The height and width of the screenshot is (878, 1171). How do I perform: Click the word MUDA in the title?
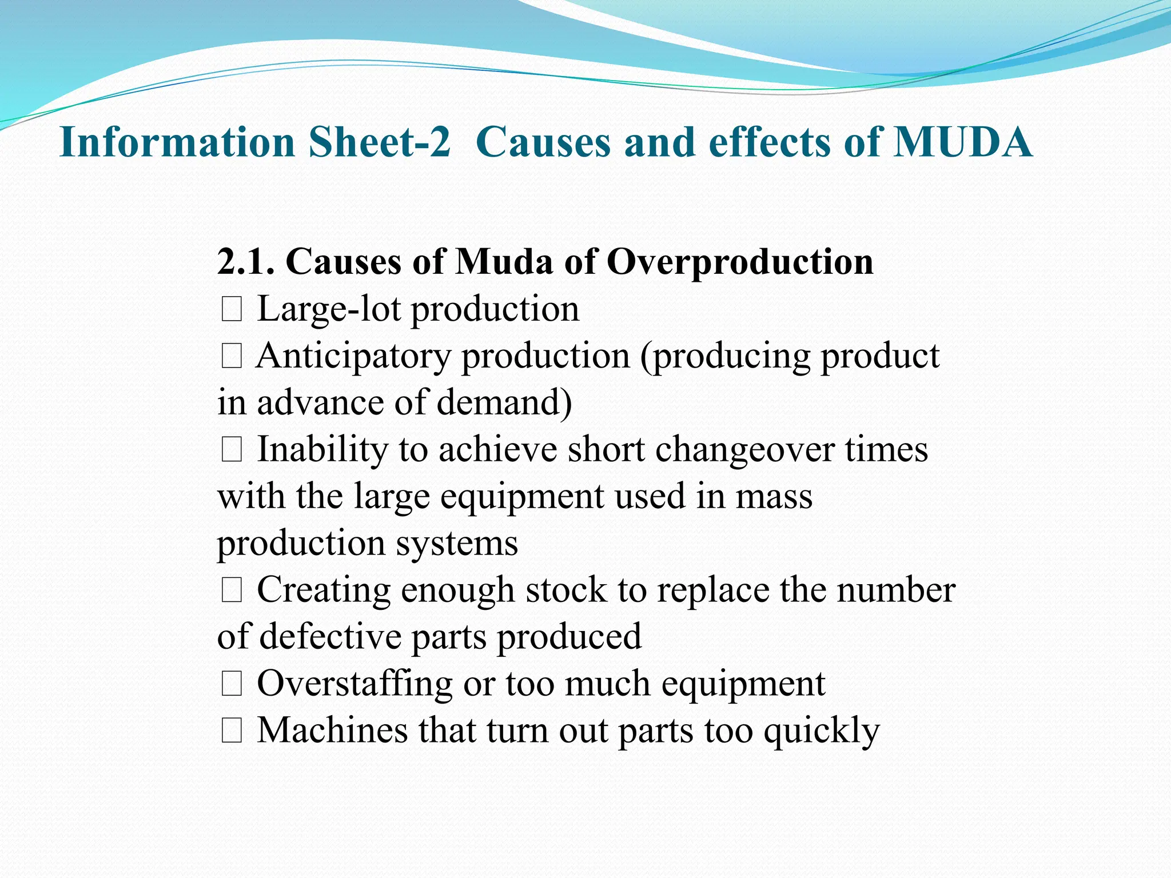(x=963, y=142)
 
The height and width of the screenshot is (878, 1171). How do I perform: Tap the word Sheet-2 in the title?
(x=380, y=142)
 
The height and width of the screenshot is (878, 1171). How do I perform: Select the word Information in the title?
(x=177, y=142)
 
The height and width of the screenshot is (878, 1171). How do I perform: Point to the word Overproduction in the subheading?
(x=740, y=263)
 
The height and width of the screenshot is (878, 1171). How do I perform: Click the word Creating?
(x=324, y=590)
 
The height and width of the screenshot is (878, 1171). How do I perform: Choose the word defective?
(x=330, y=636)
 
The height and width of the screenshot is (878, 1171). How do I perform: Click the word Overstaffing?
(x=355, y=684)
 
